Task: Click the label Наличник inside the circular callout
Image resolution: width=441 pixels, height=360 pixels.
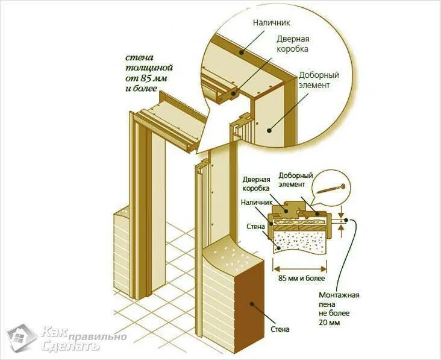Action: (x=272, y=23)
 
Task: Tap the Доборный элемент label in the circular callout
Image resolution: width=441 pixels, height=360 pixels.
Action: (x=319, y=80)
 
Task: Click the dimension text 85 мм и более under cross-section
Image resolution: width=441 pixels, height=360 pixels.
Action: (x=301, y=279)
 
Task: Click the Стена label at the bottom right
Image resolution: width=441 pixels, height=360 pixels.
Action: (x=280, y=329)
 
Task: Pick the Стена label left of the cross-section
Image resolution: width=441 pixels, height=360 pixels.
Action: (x=256, y=227)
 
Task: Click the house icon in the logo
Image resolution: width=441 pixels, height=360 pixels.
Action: (x=21, y=338)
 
